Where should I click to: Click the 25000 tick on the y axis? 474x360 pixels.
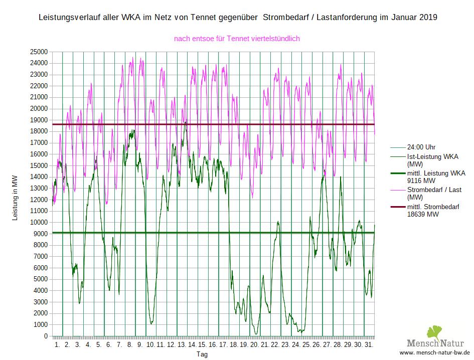pos(39,52)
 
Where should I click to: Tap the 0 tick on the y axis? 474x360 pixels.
pos(46,336)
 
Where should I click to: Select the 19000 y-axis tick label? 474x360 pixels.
pos(39,120)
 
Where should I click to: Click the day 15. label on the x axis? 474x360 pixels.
pos(202,345)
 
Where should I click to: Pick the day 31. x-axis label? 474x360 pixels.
pos(369,345)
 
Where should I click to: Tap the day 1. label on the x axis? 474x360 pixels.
pos(57,345)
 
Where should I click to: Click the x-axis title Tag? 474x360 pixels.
pos(202,354)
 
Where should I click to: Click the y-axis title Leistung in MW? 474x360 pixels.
pos(15,198)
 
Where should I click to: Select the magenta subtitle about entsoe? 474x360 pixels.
pos(237,38)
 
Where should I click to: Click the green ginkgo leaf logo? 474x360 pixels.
pos(434,333)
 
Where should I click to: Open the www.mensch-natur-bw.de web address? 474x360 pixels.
pos(434,353)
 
